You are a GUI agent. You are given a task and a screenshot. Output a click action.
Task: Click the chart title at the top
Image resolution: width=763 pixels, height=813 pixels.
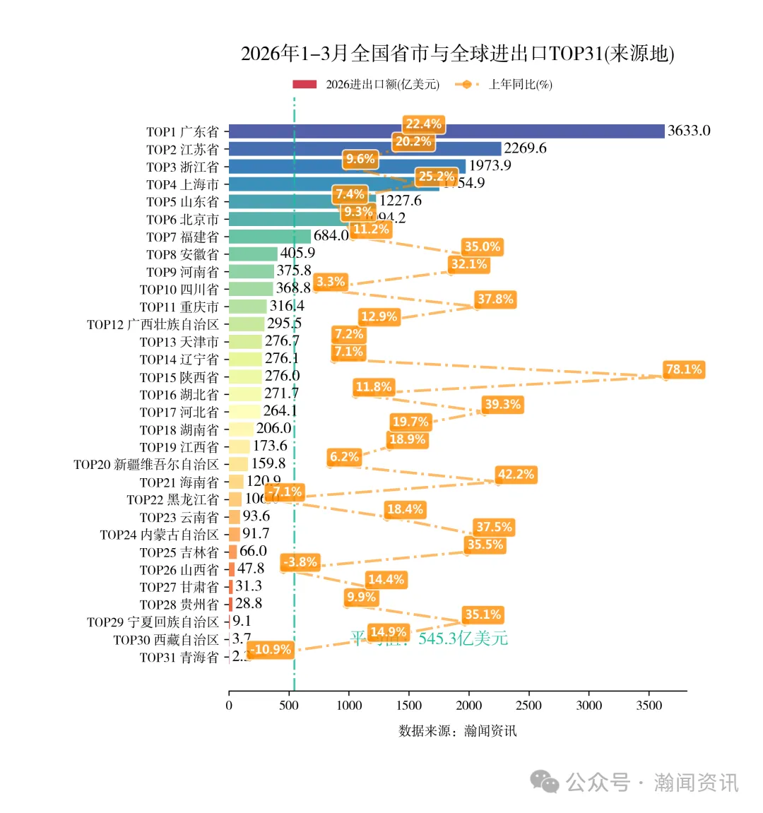coord(457,54)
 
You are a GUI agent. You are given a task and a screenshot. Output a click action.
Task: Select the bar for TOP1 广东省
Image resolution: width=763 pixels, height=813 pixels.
coord(446,131)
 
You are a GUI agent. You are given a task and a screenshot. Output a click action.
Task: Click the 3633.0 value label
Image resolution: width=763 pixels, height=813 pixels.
coord(689,131)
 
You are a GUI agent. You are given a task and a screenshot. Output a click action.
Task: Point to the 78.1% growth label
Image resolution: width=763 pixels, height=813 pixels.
coord(683,369)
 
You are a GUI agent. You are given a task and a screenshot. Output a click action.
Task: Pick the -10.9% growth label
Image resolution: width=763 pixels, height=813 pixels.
coord(271,650)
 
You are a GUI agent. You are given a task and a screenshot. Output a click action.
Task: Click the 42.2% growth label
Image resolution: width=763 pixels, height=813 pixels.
coord(516,475)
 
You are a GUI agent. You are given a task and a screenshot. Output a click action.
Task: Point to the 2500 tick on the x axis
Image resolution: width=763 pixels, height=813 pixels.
coord(528,705)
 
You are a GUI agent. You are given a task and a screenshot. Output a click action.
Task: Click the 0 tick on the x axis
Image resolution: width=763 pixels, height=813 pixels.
coord(229,705)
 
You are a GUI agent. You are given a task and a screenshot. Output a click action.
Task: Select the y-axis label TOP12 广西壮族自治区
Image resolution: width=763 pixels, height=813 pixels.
coord(153,324)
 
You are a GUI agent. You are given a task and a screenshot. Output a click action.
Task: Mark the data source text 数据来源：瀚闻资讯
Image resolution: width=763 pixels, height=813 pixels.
coord(457,730)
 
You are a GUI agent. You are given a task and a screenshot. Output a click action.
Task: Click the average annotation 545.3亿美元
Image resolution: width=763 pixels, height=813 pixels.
coord(463,639)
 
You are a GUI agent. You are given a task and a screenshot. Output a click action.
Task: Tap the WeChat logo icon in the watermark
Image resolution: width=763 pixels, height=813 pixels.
coord(545,781)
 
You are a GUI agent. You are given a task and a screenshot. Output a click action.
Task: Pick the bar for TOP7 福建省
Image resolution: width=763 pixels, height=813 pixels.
coord(270,237)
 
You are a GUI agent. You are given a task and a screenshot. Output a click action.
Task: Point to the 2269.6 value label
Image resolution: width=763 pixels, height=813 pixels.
coord(525,148)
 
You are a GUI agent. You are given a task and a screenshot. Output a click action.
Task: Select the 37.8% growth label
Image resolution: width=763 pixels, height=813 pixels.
coord(495,299)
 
